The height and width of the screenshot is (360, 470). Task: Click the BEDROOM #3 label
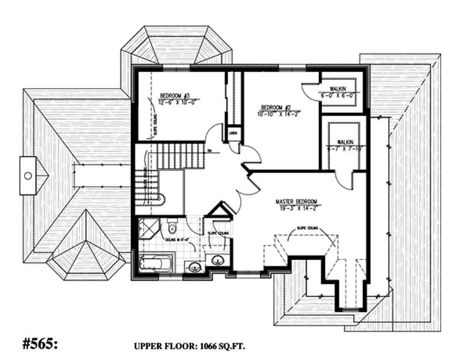point(175,96)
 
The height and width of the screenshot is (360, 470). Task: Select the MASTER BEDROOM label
point(300,202)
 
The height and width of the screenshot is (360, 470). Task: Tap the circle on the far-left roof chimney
point(27,175)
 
